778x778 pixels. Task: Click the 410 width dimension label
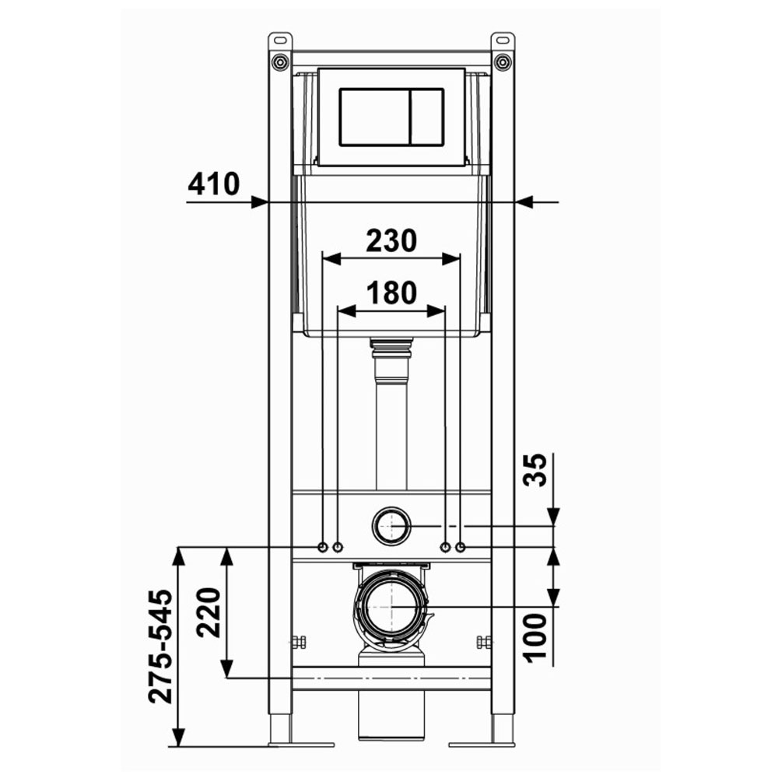(x=213, y=184)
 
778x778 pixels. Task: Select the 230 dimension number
(x=391, y=240)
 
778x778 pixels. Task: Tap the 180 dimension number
(x=391, y=293)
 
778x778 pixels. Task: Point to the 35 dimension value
(x=536, y=470)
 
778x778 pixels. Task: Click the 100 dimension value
(x=536, y=636)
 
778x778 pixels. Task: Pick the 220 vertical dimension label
(x=209, y=612)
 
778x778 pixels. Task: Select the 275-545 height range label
(x=161, y=647)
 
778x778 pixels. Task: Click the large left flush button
(x=375, y=117)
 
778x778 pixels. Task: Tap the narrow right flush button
(x=426, y=117)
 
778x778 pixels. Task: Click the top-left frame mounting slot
(x=280, y=39)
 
